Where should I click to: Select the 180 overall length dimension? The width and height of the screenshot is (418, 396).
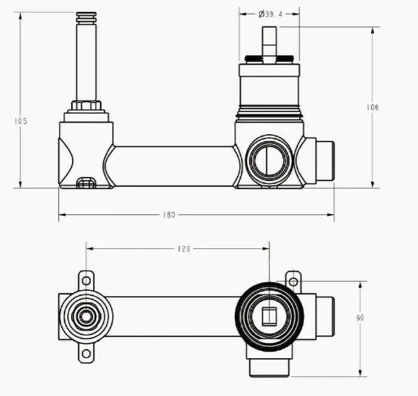(x=168, y=215)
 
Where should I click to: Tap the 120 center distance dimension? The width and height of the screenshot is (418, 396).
(x=183, y=248)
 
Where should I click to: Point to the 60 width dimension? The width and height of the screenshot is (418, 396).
(x=360, y=317)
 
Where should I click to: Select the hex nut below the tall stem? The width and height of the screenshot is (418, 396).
(x=86, y=104)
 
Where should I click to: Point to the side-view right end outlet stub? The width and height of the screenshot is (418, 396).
(x=325, y=161)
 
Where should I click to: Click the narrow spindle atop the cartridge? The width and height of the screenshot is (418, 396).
(x=269, y=44)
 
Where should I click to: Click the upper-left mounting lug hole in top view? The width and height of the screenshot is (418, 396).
(x=86, y=281)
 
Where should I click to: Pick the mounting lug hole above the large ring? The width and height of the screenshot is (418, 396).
(x=292, y=279)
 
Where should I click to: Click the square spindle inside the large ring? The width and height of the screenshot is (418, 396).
(x=269, y=316)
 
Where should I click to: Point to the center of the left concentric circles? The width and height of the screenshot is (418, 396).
(x=86, y=316)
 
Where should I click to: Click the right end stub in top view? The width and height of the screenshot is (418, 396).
(x=325, y=316)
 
